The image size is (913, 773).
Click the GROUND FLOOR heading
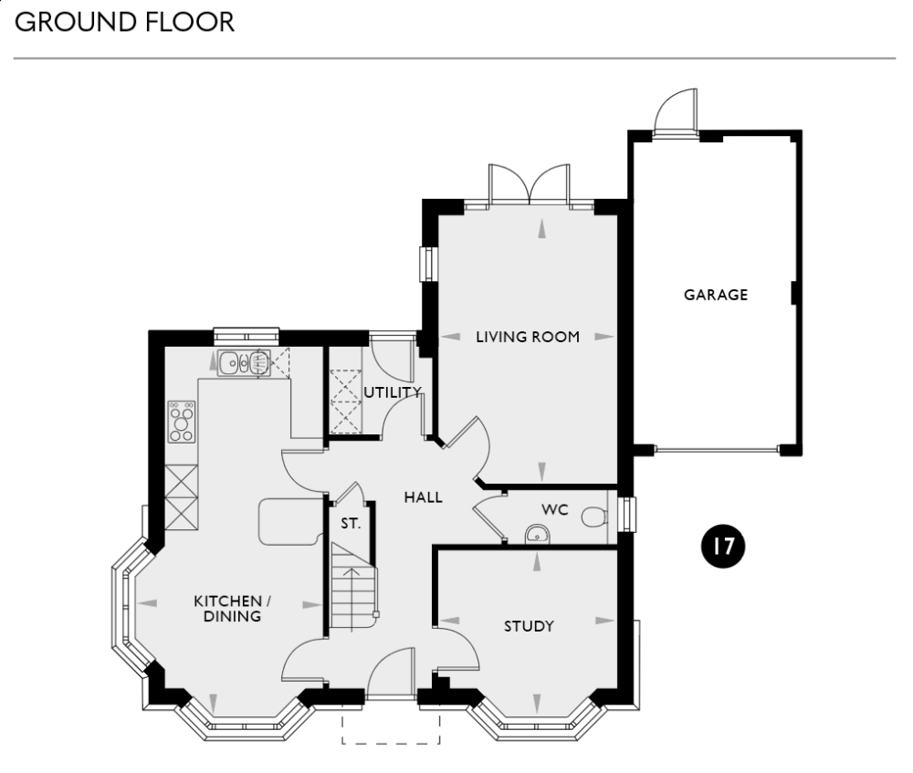click(x=125, y=22)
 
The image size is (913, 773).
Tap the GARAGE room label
click(x=716, y=295)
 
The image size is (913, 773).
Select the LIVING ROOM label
click(x=528, y=337)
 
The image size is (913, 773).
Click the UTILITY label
click(x=393, y=392)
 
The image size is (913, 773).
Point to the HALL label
click(x=423, y=497)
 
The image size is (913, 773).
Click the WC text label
click(x=554, y=509)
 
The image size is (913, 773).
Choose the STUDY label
click(x=530, y=626)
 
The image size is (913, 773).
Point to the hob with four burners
click(x=182, y=422)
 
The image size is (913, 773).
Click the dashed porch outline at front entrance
click(x=392, y=730)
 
